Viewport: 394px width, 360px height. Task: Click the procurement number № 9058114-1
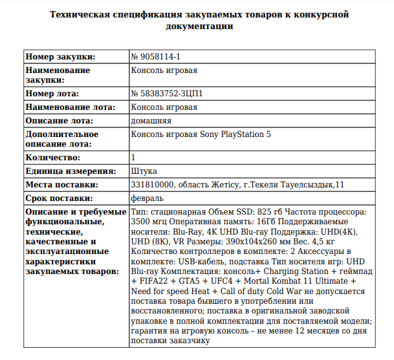(x=155, y=57)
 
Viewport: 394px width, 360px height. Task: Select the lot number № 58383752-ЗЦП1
(x=167, y=94)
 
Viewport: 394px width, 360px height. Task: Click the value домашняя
(x=151, y=120)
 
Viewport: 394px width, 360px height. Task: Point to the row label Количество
(x=53, y=157)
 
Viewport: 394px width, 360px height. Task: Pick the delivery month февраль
(x=148, y=198)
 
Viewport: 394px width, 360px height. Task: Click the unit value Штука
(x=144, y=171)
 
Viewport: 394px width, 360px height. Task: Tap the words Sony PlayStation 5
(x=234, y=134)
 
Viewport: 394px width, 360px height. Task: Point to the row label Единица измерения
(x=70, y=171)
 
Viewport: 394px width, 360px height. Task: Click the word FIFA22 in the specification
(x=153, y=282)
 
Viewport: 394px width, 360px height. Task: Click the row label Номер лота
(x=53, y=94)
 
